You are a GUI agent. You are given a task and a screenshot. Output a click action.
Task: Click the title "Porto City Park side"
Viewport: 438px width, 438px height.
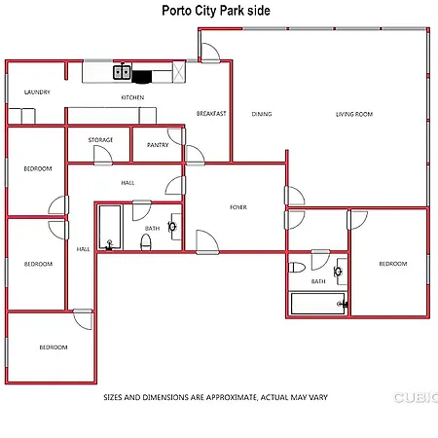coord(216,11)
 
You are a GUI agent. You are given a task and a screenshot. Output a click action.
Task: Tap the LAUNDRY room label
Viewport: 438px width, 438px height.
coord(37,92)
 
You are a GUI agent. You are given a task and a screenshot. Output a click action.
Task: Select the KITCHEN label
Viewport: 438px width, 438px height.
coord(132,97)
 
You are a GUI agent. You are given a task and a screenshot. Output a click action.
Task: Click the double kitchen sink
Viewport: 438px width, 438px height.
coord(122,72)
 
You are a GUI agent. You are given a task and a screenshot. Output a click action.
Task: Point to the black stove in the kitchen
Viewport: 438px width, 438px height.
coord(142,77)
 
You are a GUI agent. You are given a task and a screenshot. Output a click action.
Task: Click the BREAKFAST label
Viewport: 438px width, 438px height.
coord(211,114)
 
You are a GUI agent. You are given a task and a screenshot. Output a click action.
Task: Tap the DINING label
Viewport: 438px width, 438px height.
coord(262,114)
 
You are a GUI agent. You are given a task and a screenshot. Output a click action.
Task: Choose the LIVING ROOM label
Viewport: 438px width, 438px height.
coord(354,114)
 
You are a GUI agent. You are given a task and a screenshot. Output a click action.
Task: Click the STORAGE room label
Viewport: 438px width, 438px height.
coord(100,140)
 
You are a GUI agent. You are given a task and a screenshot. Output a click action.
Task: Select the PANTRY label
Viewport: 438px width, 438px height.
coord(158,145)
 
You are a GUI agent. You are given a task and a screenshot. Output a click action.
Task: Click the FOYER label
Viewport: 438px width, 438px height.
coord(238,207)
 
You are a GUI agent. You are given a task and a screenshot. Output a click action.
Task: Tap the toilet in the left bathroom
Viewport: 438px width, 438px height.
coord(146,242)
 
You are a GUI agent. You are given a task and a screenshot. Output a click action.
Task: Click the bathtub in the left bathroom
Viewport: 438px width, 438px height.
coord(110,228)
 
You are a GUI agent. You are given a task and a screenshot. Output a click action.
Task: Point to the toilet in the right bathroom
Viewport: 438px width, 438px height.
coord(297,268)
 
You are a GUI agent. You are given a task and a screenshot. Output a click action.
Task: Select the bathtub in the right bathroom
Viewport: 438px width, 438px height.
coord(318,304)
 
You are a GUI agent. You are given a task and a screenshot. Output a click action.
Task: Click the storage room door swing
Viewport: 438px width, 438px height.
coord(103,156)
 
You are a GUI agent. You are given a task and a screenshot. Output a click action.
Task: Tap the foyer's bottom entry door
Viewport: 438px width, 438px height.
coord(207,242)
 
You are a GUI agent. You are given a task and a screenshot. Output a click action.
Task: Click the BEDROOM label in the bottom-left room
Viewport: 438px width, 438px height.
coord(54,347)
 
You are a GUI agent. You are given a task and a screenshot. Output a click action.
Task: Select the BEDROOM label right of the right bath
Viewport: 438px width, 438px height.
coord(393,264)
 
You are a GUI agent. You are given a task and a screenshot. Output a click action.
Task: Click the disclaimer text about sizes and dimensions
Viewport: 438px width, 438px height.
coord(216,397)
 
